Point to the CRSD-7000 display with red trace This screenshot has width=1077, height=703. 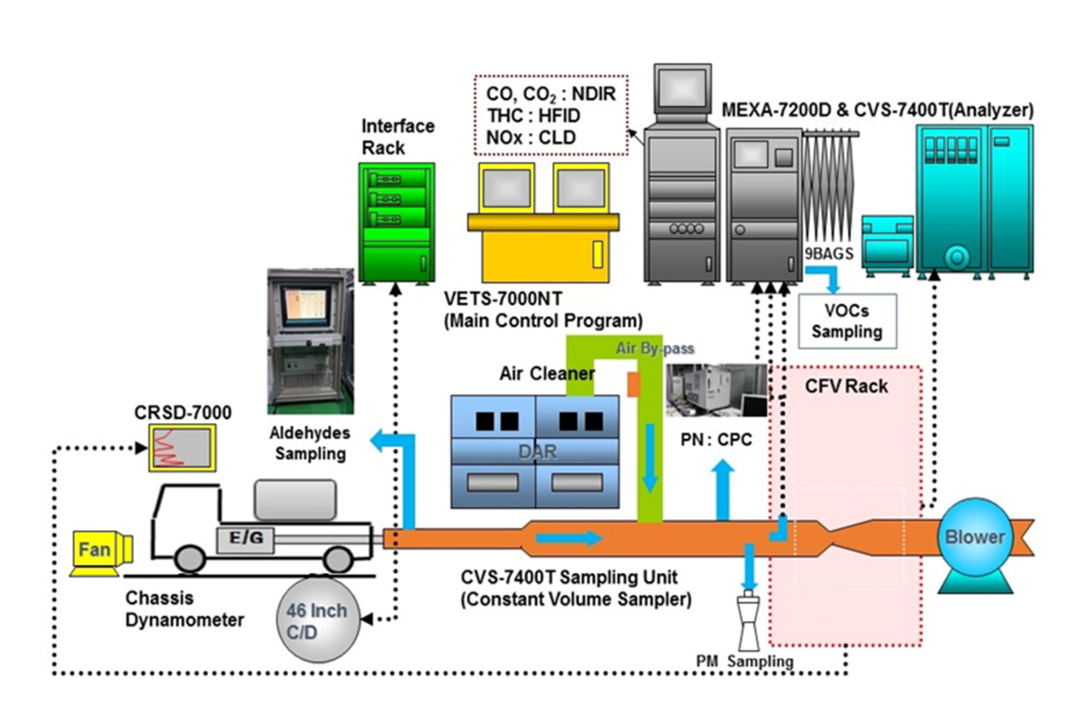(182, 448)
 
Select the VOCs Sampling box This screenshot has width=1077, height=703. (847, 321)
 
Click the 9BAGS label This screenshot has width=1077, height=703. (829, 254)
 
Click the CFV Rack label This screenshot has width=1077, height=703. (846, 386)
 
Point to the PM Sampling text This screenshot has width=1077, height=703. (744, 661)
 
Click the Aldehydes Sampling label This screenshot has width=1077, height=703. (310, 443)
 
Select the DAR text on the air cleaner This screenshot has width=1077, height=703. (537, 451)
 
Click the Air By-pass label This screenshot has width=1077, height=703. (655, 348)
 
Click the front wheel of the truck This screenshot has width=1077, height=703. (190, 559)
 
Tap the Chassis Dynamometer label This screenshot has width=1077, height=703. (184, 609)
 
